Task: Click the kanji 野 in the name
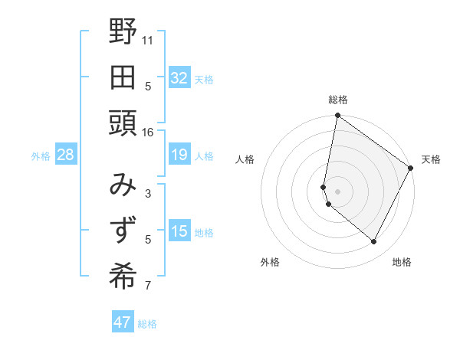[x=123, y=32]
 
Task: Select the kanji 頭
[x=123, y=123]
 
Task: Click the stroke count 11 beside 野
[x=148, y=39]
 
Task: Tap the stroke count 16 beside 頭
[x=148, y=132]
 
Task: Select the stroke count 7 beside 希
[x=148, y=286]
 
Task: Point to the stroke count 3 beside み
[x=148, y=193]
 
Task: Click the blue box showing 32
[x=179, y=78]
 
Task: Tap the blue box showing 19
[x=179, y=155]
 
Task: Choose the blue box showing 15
[x=179, y=232]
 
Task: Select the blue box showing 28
[x=66, y=155]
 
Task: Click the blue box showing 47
[x=123, y=322]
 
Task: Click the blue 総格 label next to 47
[x=147, y=324]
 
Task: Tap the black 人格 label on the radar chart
[x=245, y=159]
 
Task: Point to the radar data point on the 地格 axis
[x=373, y=242]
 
